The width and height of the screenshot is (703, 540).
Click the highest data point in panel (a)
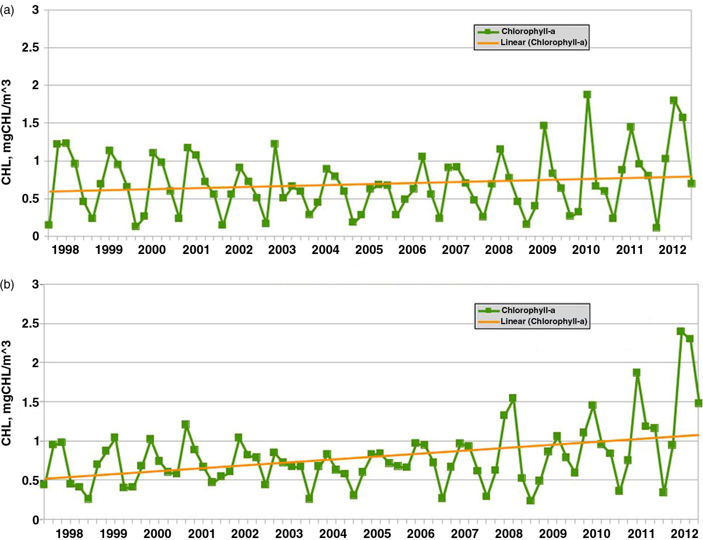[587, 95]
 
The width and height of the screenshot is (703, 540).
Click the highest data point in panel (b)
[680, 331]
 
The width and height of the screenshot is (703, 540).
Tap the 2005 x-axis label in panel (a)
[369, 250]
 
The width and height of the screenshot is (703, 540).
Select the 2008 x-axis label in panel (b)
[509, 534]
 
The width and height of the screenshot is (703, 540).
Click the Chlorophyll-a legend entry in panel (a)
[528, 32]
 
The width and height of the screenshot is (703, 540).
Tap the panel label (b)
[7, 286]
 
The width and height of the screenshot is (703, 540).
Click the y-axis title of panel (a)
[7, 133]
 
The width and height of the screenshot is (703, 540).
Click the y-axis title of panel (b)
[7, 393]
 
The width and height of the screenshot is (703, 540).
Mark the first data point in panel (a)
[49, 224]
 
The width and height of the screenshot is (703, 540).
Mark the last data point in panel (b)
[698, 403]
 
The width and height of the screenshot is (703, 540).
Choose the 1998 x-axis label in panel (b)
[69, 534]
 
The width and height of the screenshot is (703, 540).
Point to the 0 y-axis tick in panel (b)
[36, 520]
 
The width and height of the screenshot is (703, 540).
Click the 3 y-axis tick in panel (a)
[36, 10]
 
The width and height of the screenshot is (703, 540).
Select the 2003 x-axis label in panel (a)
[282, 250]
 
